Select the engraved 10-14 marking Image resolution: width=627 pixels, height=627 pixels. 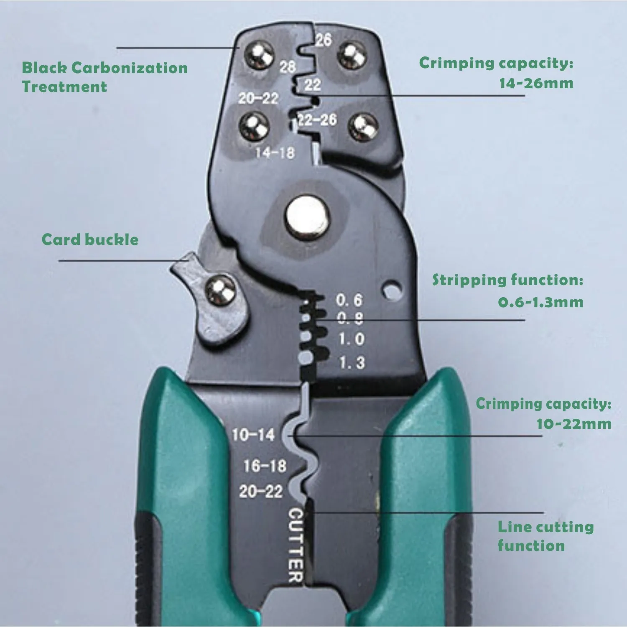tap(253, 435)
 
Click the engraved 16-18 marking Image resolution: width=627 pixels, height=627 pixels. tap(265, 465)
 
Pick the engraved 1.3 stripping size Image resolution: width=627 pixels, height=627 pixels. tap(352, 362)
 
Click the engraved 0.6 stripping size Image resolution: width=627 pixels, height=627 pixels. tap(349, 300)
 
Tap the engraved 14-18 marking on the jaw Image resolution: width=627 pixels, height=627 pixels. tap(275, 153)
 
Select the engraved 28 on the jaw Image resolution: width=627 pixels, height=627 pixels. tap(288, 66)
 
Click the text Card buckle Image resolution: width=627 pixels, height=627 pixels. tap(90, 240)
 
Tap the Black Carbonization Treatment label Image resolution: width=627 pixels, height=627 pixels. tap(104, 77)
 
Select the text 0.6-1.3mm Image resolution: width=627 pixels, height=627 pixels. tap(540, 302)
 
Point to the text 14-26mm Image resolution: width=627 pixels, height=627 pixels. tap(536, 83)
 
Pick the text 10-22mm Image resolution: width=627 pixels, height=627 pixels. tap(573, 423)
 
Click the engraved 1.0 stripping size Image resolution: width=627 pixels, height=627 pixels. tap(351, 339)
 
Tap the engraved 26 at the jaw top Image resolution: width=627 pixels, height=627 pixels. tap(323, 40)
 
